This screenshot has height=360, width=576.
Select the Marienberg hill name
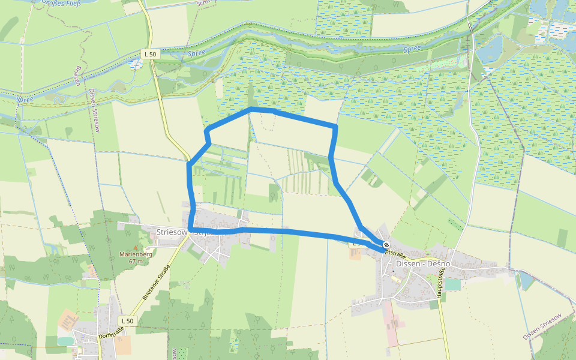click(x=136, y=254)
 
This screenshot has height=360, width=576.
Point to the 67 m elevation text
click(x=135, y=261)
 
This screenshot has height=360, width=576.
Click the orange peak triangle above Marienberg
click(x=136, y=247)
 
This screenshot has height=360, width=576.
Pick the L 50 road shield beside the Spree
click(x=150, y=54)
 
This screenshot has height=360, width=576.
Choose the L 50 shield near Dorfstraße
click(x=127, y=321)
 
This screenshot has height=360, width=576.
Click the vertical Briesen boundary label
click(x=77, y=76)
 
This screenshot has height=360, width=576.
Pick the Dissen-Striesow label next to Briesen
click(x=95, y=110)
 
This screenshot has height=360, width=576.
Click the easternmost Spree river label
click(x=412, y=49)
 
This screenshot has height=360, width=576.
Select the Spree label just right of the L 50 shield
click(x=196, y=52)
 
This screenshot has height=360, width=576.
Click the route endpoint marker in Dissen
click(x=386, y=245)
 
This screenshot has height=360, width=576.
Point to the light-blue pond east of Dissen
click(x=526, y=280)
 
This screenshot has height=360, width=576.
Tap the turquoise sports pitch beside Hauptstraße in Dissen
click(x=453, y=284)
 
